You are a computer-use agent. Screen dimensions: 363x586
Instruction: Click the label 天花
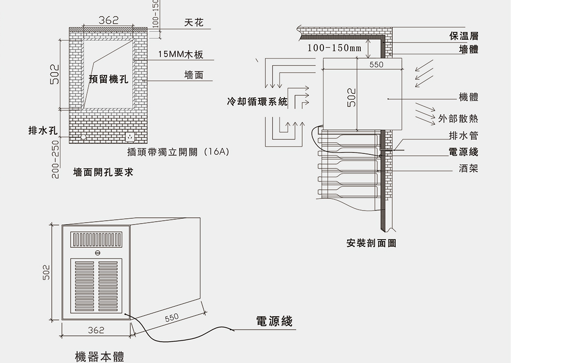(x=194, y=23)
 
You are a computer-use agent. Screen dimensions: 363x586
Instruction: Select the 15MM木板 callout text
(x=181, y=54)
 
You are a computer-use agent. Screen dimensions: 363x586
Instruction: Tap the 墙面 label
(x=194, y=75)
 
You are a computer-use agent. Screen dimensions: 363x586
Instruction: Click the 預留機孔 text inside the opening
(x=109, y=79)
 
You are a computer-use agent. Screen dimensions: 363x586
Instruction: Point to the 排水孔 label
(x=43, y=131)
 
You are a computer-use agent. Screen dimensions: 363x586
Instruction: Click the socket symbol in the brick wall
(x=129, y=137)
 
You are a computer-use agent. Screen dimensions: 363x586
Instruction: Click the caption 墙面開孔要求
(x=103, y=172)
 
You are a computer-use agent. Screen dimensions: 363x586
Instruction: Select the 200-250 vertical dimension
(x=56, y=159)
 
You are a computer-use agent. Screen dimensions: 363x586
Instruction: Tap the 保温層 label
(x=463, y=36)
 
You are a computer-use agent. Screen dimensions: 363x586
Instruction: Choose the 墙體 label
(x=468, y=49)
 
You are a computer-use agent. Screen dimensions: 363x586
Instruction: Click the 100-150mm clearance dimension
(x=334, y=48)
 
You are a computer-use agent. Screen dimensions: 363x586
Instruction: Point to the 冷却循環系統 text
(x=257, y=102)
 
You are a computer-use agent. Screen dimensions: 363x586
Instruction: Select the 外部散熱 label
(x=458, y=119)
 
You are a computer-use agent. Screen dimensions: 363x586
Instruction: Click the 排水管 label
(x=463, y=136)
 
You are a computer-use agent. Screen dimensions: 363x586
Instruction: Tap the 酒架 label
(x=468, y=168)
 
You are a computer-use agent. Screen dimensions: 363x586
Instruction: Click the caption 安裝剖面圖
(x=371, y=243)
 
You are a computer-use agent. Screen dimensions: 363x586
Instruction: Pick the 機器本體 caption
(x=100, y=357)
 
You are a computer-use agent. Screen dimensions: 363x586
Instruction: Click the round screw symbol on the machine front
(x=97, y=253)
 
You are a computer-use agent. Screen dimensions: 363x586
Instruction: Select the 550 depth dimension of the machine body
(x=171, y=318)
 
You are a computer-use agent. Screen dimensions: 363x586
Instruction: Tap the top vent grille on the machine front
(x=97, y=239)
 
